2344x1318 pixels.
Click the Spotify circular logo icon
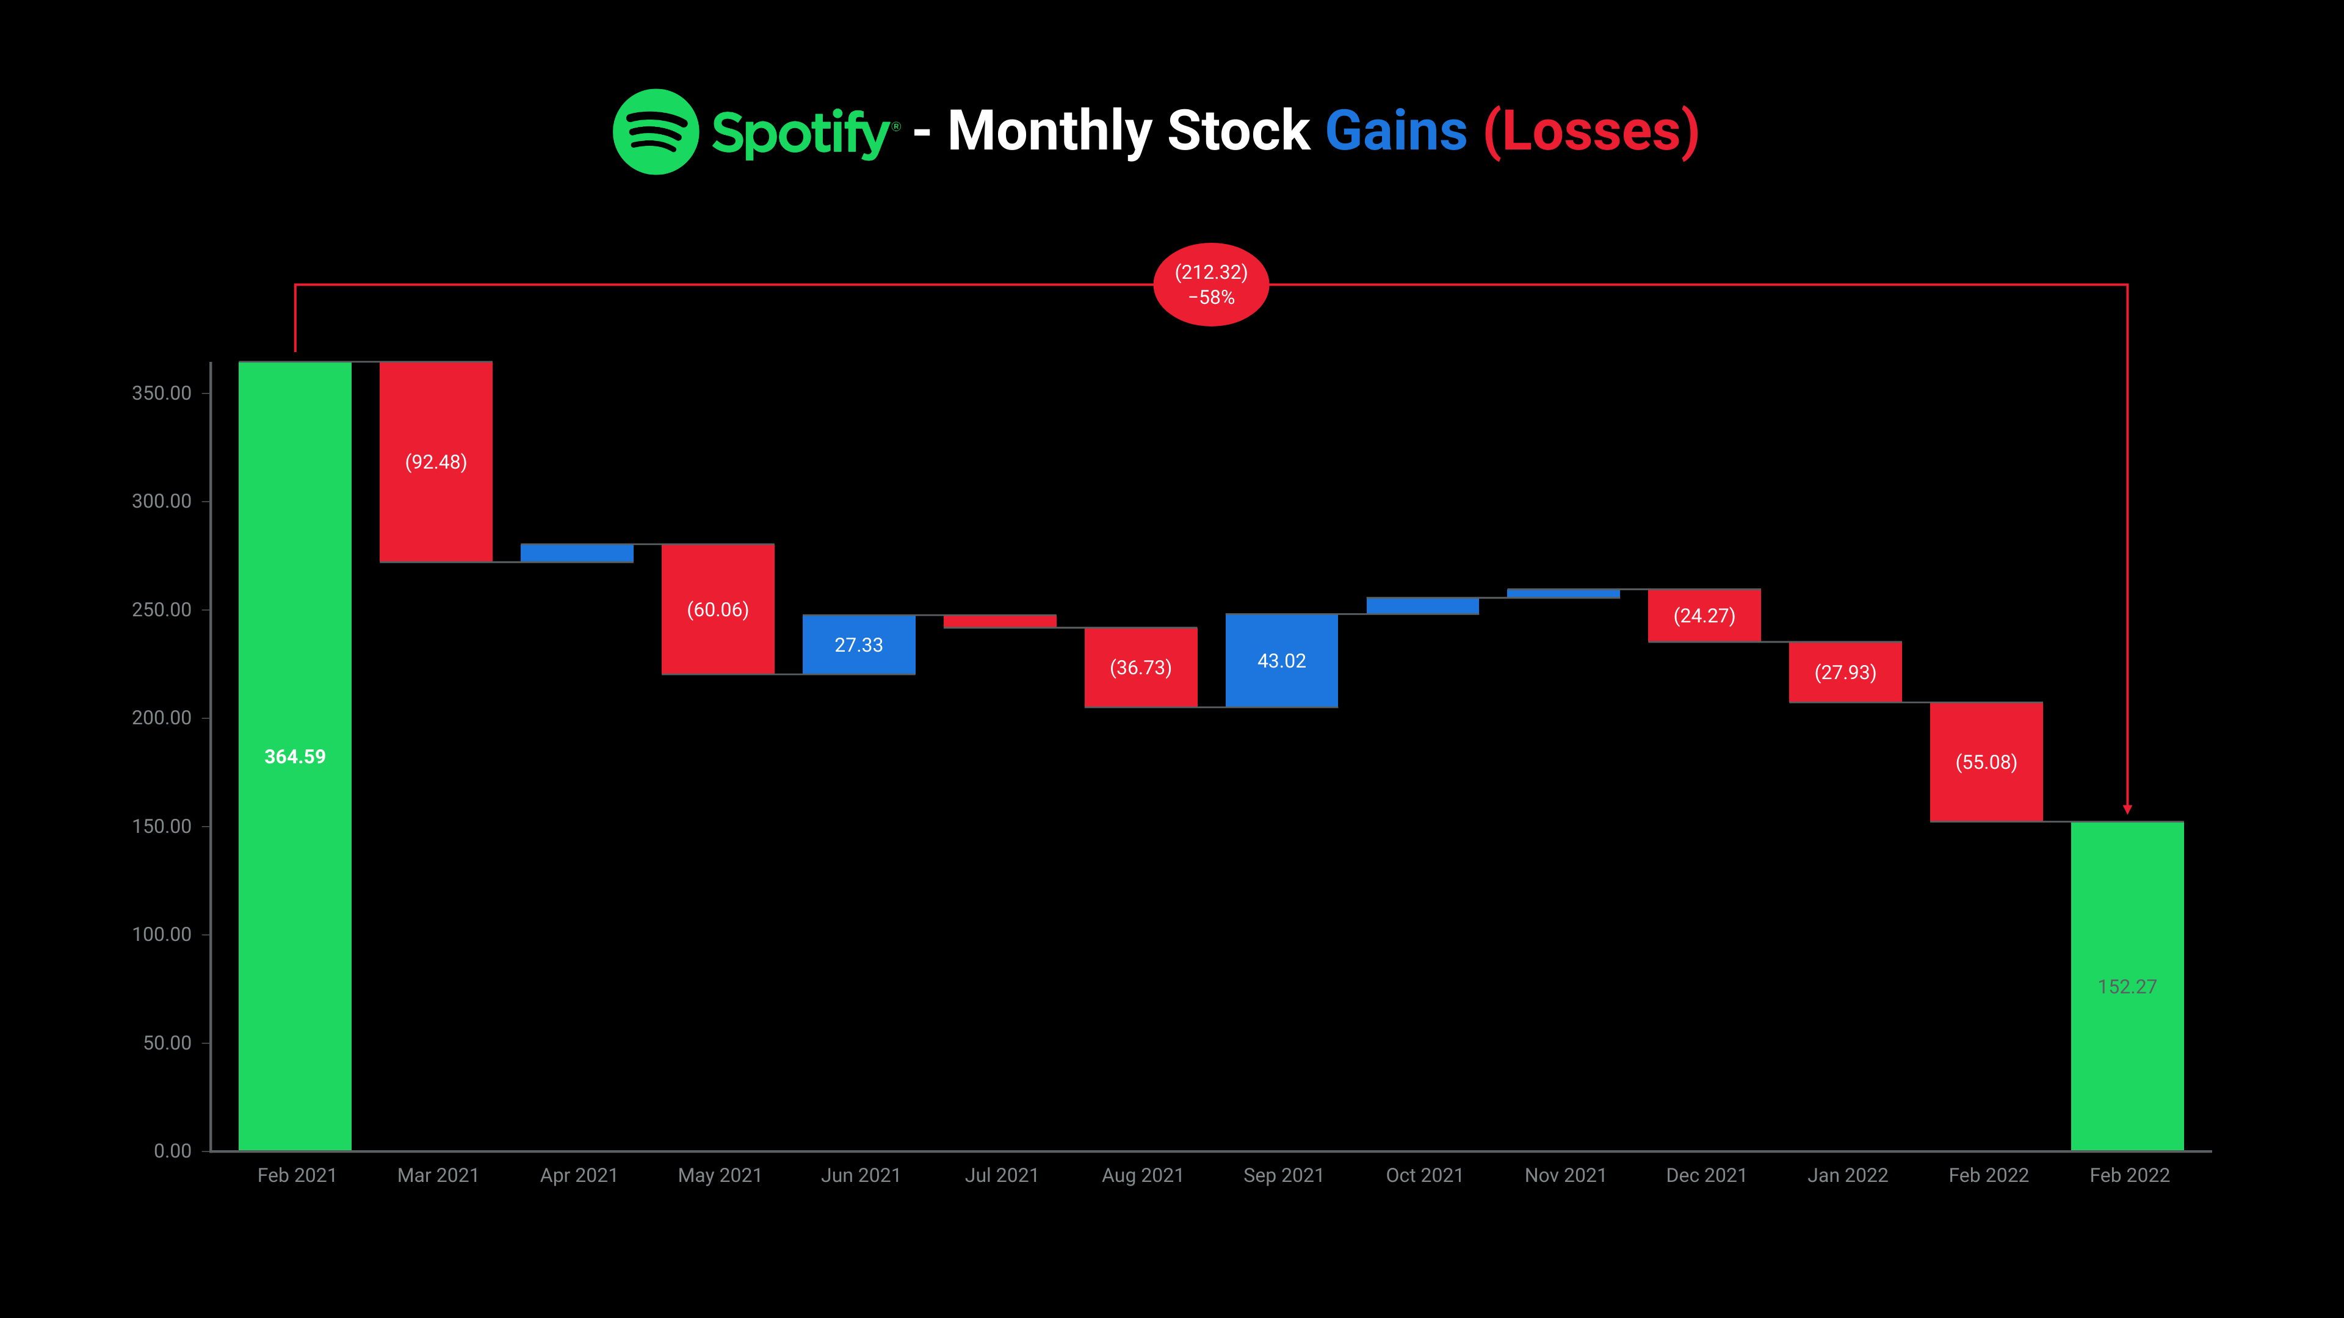click(x=655, y=132)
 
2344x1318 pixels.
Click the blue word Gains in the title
click(x=1396, y=131)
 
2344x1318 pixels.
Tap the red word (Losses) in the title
click(x=1591, y=132)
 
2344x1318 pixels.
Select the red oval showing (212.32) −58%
click(x=1210, y=285)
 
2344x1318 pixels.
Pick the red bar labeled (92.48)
click(x=436, y=510)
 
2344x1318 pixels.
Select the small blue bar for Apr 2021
click(x=577, y=553)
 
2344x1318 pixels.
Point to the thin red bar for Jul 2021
click(x=1000, y=621)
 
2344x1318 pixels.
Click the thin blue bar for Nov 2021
click(x=1563, y=593)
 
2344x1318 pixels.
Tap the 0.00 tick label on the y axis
click(x=172, y=1151)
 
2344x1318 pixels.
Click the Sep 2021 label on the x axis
click(x=1283, y=1175)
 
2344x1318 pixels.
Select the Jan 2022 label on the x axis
click(x=1847, y=1175)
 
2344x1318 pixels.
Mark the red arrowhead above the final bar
click(x=2127, y=808)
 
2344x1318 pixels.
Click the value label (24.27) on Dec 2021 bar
click(x=1704, y=616)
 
